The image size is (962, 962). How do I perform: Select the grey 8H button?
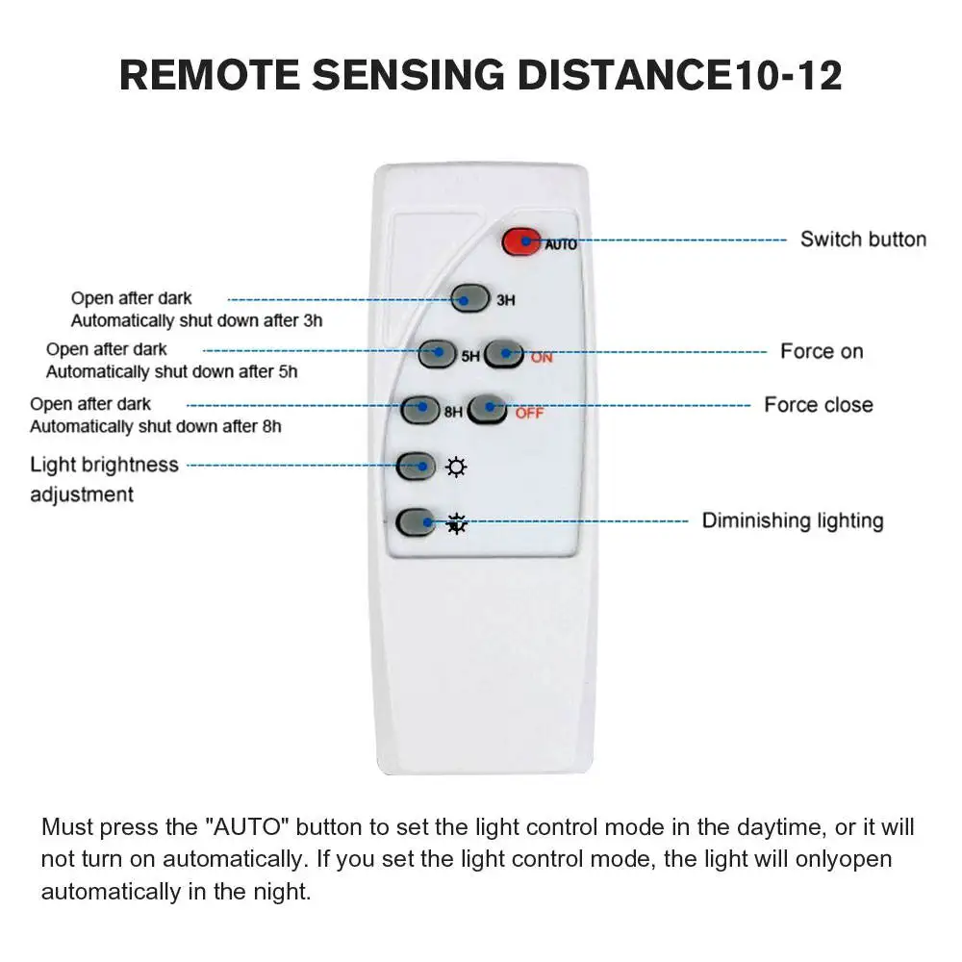click(x=420, y=409)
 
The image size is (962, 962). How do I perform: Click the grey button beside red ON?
click(x=503, y=354)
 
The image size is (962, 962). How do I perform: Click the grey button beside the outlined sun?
click(x=416, y=467)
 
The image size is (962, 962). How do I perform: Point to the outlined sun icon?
click(x=456, y=468)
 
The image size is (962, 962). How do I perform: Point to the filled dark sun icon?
click(x=456, y=523)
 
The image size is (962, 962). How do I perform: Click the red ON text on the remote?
click(x=542, y=358)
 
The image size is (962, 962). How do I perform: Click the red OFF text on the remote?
click(x=529, y=414)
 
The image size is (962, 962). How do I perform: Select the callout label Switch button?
click(x=863, y=240)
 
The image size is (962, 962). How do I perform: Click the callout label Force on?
click(x=822, y=351)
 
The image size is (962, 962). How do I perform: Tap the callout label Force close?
click(x=819, y=405)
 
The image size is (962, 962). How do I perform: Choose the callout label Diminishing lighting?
click(x=792, y=520)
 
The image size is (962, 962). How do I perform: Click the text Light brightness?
click(x=104, y=465)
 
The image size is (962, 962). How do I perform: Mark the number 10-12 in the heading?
click(x=787, y=75)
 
